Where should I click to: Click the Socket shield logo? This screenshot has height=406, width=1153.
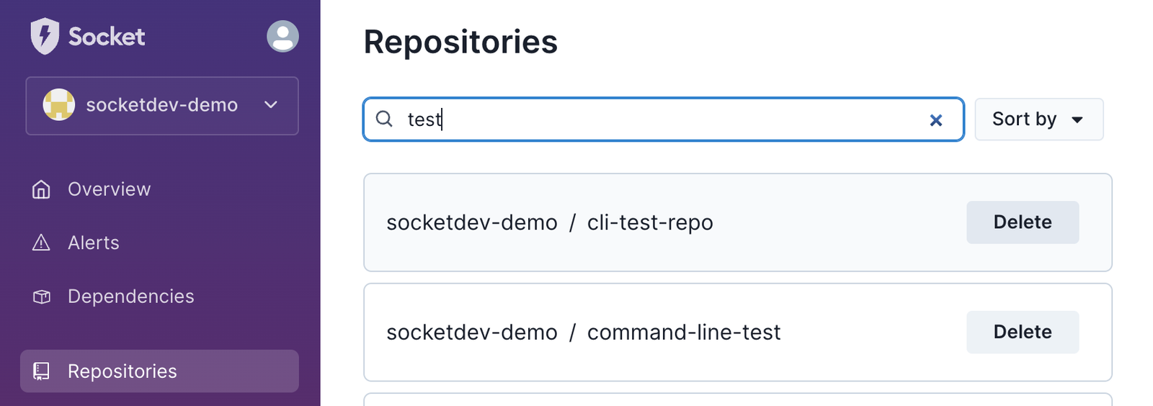tap(45, 36)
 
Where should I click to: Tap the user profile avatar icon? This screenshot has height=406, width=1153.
tap(282, 36)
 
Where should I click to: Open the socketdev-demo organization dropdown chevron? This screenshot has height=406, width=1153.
tap(271, 105)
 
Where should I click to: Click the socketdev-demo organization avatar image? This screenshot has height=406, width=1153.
tap(58, 105)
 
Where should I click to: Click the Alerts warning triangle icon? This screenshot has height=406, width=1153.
tap(41, 243)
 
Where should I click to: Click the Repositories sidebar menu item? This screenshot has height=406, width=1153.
tap(159, 371)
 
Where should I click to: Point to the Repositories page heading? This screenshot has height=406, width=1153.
tap(460, 42)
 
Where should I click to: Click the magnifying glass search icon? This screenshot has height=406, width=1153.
tap(384, 119)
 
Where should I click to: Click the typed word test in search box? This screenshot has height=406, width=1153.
tap(424, 119)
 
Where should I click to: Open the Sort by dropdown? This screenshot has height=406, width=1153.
tap(1038, 119)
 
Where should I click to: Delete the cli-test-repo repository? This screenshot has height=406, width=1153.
tap(1023, 222)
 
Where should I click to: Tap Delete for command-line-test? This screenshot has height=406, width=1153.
tap(1023, 332)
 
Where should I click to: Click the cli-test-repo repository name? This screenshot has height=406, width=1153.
tap(650, 223)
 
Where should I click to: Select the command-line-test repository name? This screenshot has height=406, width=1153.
tap(684, 333)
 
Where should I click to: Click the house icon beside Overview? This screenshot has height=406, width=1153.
tap(41, 189)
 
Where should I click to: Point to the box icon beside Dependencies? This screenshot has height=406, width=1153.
tap(41, 297)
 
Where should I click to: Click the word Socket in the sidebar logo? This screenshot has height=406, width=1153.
tap(107, 37)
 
